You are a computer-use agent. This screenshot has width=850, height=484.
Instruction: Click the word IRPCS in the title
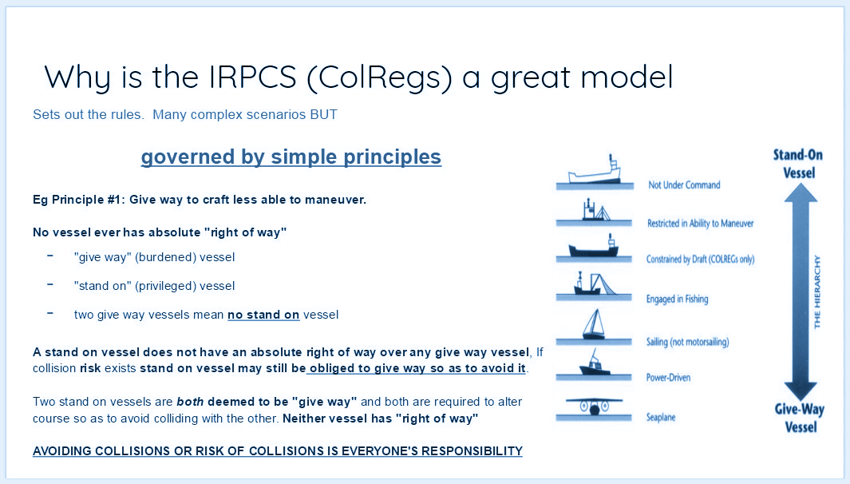pos(253,77)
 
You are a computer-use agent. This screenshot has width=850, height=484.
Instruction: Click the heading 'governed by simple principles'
pos(291,157)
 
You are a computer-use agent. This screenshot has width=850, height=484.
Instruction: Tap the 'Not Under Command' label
pos(684,185)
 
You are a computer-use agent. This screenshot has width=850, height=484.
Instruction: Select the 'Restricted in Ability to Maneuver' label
pos(701,223)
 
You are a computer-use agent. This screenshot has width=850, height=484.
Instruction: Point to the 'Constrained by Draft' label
pos(701,259)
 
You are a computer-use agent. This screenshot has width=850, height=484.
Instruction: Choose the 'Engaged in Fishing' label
pos(677,299)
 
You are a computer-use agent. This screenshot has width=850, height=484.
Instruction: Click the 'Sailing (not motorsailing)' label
pos(687,342)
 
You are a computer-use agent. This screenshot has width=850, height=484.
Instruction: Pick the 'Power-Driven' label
pos(668,378)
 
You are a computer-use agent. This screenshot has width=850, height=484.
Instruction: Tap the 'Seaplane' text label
pos(661,417)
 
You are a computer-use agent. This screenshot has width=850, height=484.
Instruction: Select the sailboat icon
pos(594,324)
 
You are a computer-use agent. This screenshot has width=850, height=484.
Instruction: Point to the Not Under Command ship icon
pos(595,169)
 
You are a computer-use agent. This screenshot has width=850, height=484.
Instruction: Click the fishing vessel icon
pos(594,284)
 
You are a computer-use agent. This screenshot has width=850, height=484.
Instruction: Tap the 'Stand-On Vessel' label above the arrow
pos(798,164)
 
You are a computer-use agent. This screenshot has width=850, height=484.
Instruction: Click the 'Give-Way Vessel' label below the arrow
pos(801,418)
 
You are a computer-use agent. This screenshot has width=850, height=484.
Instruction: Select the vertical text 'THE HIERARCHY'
pos(817,292)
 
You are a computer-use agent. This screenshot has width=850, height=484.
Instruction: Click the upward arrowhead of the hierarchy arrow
pos(801,193)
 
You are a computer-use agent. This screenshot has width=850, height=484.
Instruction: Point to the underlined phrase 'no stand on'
pos(263,315)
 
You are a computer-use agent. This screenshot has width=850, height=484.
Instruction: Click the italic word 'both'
pos(190,402)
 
